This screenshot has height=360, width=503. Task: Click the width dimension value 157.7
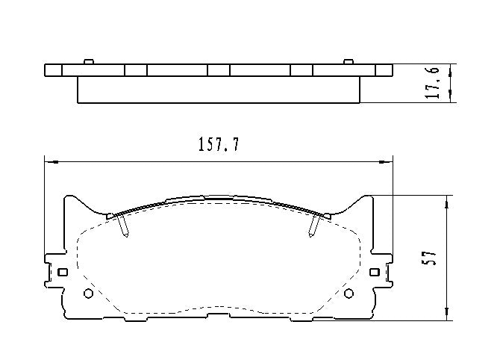tap(219, 146)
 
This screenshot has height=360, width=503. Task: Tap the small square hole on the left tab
tap(63, 272)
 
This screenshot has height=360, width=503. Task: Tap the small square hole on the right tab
tap(375, 272)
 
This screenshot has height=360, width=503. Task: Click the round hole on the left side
tap(88, 293)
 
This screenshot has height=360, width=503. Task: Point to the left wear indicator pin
tap(125, 226)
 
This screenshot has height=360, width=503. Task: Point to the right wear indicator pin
tap(313, 226)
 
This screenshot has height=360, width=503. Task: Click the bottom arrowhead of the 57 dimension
tap(447, 316)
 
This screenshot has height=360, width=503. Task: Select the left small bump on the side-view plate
tap(88, 61)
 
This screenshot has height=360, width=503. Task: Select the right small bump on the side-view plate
tap(348, 61)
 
